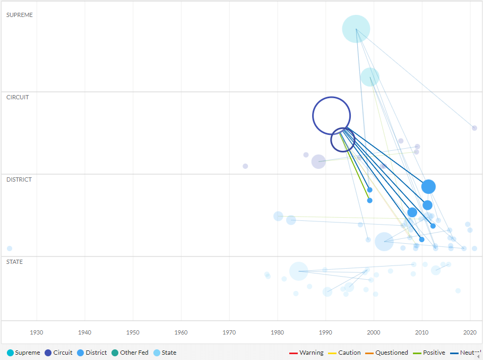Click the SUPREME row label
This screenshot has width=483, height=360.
[x=19, y=15]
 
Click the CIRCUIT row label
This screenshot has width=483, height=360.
[x=18, y=97]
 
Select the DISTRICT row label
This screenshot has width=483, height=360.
[x=19, y=179]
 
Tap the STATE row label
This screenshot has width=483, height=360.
[x=14, y=262]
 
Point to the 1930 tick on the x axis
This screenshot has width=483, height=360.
[x=37, y=332]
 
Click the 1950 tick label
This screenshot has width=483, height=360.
[x=133, y=332]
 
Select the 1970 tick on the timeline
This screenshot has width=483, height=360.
[x=229, y=332]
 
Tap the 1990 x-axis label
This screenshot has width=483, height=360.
[x=326, y=332]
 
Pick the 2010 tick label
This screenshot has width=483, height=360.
[x=422, y=332]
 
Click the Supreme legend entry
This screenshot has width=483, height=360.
[x=23, y=353]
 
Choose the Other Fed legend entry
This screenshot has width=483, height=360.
[x=130, y=353]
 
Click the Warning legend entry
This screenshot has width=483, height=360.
[x=306, y=353]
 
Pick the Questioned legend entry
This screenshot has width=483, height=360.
[x=387, y=353]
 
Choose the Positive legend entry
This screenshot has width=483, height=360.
[x=429, y=353]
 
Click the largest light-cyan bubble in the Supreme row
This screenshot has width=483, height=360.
[x=356, y=29]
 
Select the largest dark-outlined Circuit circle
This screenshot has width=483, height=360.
[x=332, y=116]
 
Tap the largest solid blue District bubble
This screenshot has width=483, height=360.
[x=428, y=186]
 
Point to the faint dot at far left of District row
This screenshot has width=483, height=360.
[x=10, y=248]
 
